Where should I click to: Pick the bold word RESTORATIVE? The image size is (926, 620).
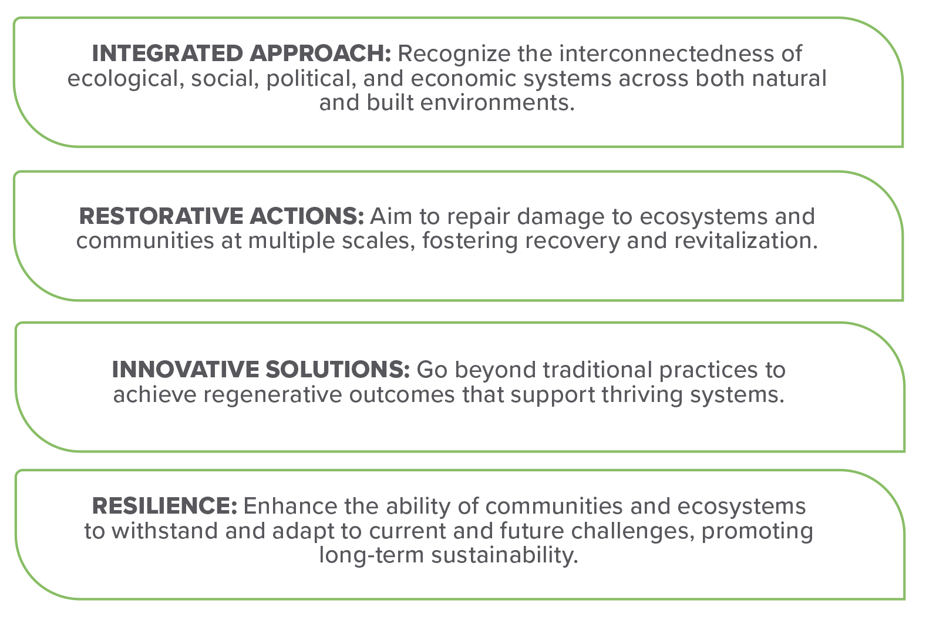coord(161,216)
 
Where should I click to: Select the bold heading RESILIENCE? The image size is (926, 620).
coord(164,506)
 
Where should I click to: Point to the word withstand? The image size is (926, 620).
coord(164,531)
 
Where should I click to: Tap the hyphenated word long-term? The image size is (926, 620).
coord(371,556)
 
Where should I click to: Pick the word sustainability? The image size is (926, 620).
coord(504,556)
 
